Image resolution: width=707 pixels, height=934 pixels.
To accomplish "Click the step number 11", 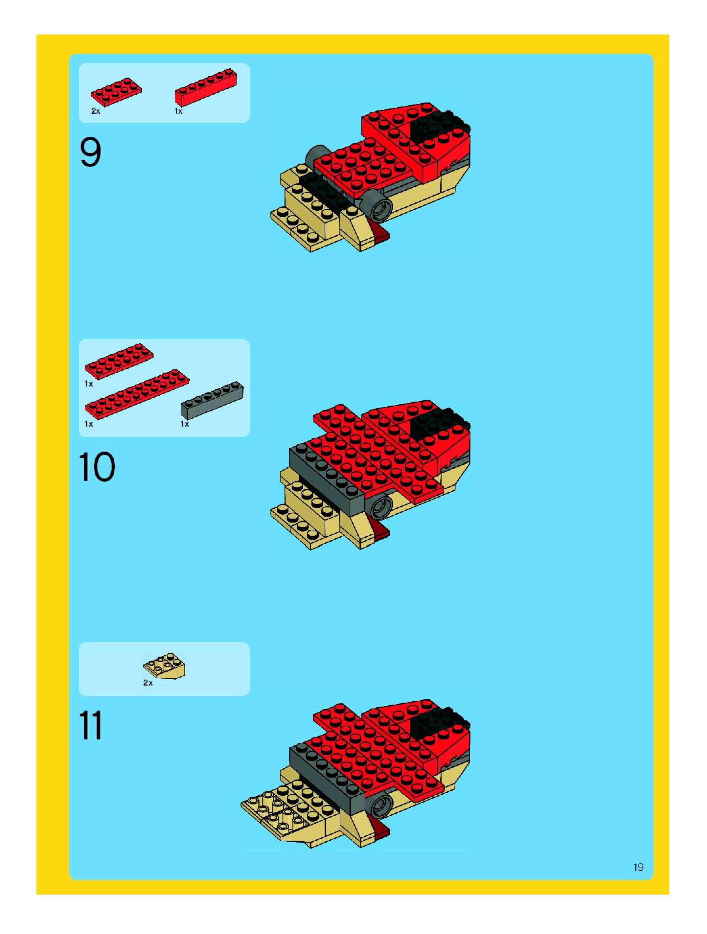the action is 90,725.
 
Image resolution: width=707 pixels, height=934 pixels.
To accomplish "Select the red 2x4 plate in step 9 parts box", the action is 116,91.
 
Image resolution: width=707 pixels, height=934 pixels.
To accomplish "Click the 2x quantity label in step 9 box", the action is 96,111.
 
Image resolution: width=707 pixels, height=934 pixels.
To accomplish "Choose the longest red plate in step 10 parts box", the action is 137,393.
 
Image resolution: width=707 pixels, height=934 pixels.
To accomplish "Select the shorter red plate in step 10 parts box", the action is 119,360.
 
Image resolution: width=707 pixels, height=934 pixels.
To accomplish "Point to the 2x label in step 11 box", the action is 148,683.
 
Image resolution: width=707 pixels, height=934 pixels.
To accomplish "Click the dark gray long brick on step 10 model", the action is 327,475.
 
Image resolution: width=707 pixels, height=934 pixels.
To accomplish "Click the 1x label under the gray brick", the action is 184,424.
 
